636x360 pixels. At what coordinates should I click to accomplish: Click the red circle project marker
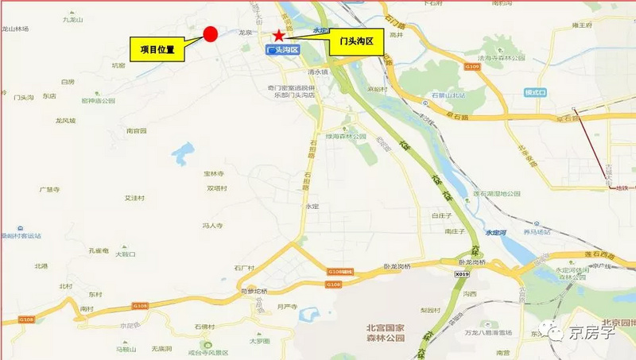point(211,33)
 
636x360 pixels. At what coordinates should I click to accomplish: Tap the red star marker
point(278,35)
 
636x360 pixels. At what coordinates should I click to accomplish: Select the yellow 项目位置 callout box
point(157,49)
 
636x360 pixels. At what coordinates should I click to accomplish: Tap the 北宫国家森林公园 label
point(374,332)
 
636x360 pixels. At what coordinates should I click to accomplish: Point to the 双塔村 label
point(217,188)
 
